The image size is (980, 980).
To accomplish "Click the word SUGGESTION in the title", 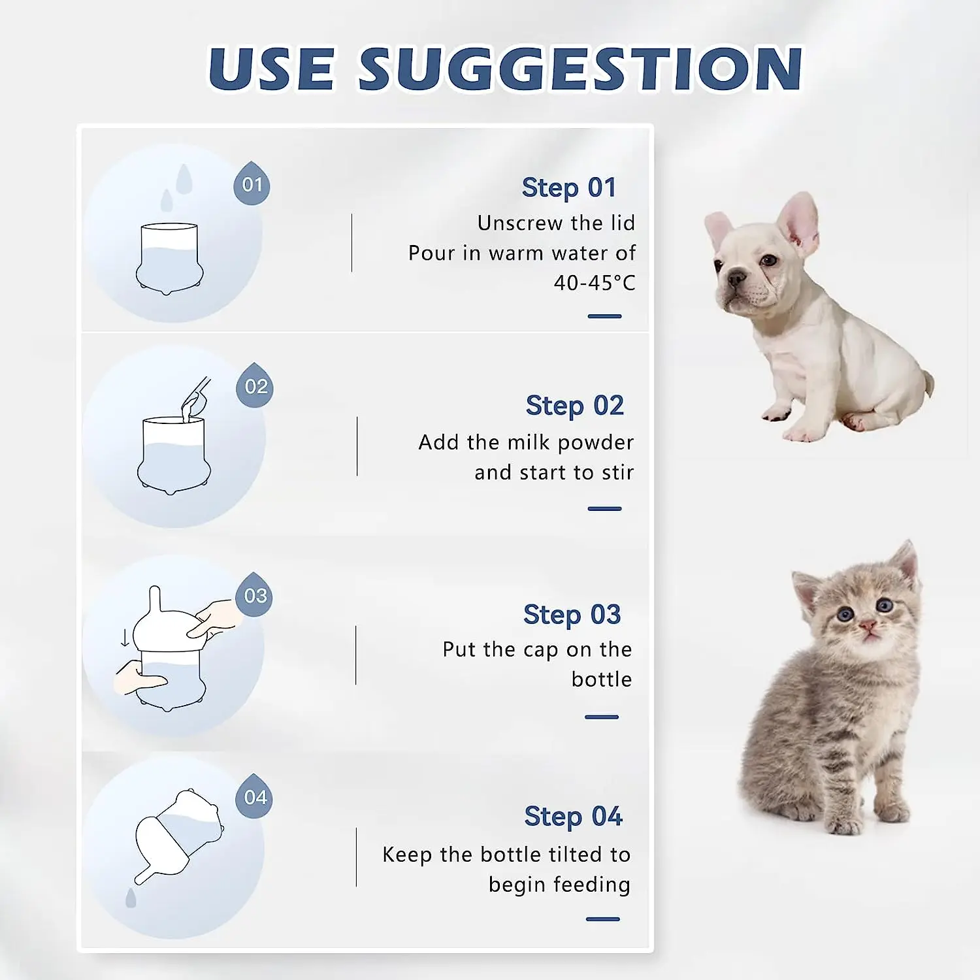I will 580,69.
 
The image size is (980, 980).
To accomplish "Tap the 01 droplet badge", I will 252,184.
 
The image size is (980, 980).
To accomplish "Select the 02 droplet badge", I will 255,386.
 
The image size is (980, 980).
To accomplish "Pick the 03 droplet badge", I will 255,595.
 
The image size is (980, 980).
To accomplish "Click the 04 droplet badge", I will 255,797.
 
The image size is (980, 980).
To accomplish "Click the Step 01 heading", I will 568,188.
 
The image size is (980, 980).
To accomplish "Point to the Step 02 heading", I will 574,406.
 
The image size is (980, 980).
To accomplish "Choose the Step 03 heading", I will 572,615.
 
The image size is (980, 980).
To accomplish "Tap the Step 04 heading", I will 573,817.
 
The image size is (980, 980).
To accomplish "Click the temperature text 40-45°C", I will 594,283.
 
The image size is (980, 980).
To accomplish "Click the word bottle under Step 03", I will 601,679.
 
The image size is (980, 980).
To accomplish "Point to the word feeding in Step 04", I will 591,885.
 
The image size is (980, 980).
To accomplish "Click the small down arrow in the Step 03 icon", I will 125,638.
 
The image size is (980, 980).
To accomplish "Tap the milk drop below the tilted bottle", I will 131,898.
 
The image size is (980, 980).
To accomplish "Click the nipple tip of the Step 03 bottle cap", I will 155,593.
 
